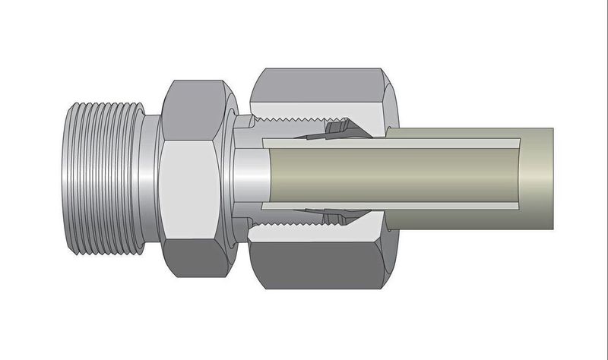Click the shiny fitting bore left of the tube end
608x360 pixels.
(247, 176)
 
